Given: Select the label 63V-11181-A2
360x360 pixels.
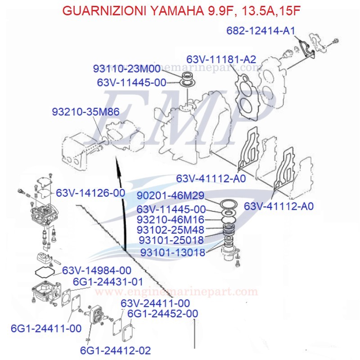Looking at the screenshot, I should pyautogui.click(x=221, y=59).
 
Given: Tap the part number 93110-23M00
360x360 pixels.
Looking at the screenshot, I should pyautogui.click(x=127, y=69).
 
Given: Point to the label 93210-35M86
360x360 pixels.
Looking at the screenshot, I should pyautogui.click(x=85, y=112).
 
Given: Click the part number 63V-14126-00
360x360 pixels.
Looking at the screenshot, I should pyautogui.click(x=90, y=193).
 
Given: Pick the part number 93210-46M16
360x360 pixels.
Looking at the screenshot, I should pyautogui.click(x=171, y=220).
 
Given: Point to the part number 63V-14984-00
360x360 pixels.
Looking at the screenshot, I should pyautogui.click(x=97, y=270).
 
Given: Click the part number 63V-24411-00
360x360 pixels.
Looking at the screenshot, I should pyautogui.click(x=155, y=303).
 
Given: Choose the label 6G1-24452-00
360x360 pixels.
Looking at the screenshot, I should pyautogui.click(x=162, y=313).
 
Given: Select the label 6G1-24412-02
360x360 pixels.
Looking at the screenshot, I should pyautogui.click(x=116, y=350).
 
